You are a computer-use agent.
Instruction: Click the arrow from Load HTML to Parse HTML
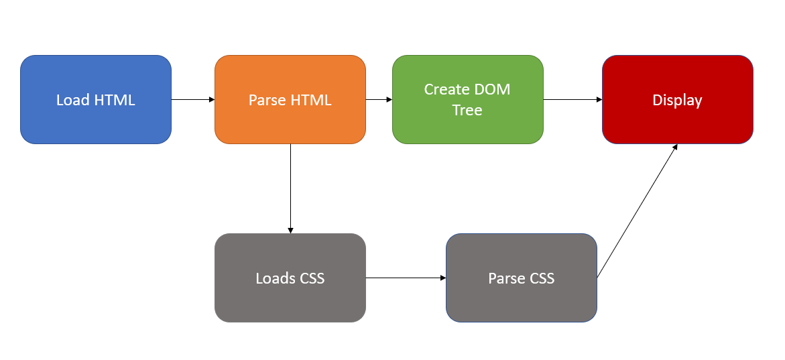(193, 99)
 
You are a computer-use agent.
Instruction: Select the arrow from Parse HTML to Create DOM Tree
(379, 99)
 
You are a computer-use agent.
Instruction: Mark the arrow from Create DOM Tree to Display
(572, 99)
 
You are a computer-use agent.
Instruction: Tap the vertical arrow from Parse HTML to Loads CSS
(290, 188)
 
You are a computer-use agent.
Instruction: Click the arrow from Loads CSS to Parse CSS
(406, 278)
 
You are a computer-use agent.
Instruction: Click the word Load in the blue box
(72, 100)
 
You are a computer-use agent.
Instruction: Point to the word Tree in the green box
(467, 110)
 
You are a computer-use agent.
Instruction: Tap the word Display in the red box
(677, 100)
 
